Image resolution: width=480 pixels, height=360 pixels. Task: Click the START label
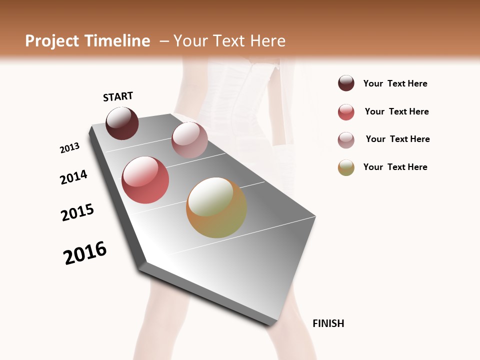[x=118, y=96]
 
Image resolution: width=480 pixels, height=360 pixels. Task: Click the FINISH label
[x=328, y=323]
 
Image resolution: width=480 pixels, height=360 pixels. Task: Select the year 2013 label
[x=69, y=148]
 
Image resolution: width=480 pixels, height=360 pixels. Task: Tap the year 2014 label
[x=73, y=177]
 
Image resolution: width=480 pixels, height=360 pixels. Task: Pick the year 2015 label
[x=77, y=212]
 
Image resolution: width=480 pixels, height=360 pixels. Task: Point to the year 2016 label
[x=85, y=253]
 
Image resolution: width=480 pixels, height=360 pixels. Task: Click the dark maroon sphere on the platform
[x=122, y=123]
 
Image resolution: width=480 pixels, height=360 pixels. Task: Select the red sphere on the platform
[x=145, y=180]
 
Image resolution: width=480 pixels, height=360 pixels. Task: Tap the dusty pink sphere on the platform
[x=189, y=140]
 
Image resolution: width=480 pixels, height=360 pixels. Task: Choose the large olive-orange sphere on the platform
[x=216, y=207]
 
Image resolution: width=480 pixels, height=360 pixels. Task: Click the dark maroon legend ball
[x=346, y=83]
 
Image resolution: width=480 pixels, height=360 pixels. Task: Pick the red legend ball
[x=346, y=112]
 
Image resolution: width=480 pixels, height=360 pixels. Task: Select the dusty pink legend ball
[x=346, y=140]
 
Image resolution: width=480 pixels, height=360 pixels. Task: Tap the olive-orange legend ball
[x=346, y=167]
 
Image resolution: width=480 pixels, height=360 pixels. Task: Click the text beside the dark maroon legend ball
[x=395, y=83]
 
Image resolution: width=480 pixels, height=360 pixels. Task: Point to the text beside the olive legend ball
[x=395, y=167]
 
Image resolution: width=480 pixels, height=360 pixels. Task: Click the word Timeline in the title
[x=117, y=41]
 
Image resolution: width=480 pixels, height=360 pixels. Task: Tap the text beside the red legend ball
[x=396, y=111]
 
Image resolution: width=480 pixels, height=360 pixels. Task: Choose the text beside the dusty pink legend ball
[x=397, y=139]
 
